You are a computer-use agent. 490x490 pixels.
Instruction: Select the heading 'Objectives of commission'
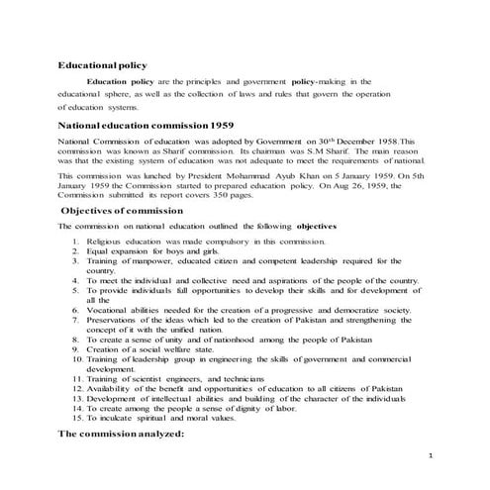click(122, 211)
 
